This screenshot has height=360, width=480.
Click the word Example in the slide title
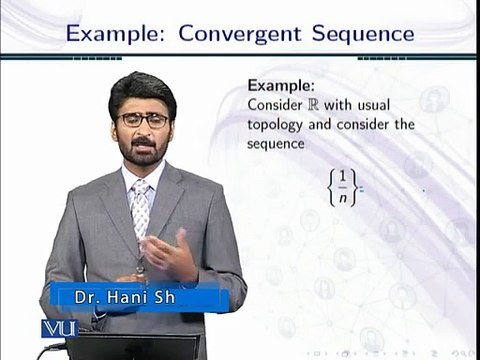(x=110, y=33)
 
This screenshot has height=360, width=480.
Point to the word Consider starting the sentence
(x=275, y=105)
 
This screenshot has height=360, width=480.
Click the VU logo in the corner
(x=58, y=328)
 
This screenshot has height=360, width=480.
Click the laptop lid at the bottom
(x=160, y=346)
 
